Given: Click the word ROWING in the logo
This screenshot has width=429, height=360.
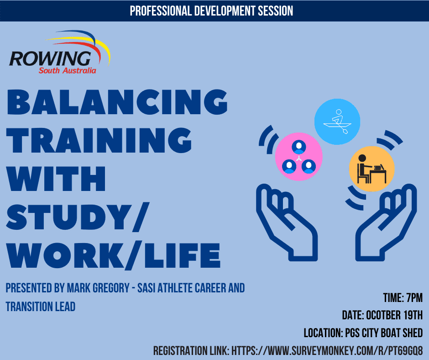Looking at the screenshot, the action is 50,58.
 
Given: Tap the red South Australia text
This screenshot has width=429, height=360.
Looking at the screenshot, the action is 67,71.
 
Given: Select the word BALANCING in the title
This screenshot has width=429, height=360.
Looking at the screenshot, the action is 117,102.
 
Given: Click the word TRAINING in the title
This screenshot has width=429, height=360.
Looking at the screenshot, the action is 99,140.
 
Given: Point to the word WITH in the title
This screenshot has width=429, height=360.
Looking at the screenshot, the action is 56,178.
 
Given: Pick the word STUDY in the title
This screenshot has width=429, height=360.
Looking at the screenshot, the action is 66,217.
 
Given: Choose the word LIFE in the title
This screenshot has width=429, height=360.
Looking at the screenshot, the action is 182,255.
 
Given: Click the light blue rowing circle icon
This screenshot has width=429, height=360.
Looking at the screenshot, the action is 337,122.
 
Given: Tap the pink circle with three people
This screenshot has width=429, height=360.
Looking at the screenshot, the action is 299,157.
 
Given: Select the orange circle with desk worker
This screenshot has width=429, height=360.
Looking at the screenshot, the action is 372,169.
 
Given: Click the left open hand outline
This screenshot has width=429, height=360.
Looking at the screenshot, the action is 287,222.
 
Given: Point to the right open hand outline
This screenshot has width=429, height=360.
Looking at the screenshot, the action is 386,222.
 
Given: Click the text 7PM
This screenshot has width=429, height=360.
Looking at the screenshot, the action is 414,298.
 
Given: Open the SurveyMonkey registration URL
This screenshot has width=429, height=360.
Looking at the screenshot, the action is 327,351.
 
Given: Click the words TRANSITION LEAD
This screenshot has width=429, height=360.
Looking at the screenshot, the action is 41,307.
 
